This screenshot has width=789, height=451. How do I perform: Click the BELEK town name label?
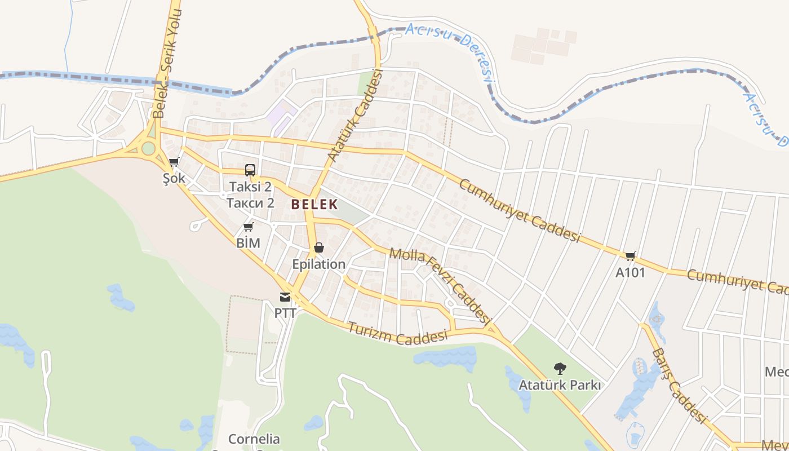pyautogui.click(x=314, y=204)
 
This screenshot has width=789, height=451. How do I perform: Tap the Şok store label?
pyautogui.click(x=174, y=178)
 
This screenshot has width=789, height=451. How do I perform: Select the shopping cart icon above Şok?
pyautogui.click(x=174, y=162)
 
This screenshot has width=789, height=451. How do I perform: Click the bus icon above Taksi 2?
pyautogui.click(x=250, y=170)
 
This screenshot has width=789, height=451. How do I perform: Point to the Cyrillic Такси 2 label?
pyautogui.click(x=250, y=202)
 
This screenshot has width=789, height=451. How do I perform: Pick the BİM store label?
pyautogui.click(x=249, y=243)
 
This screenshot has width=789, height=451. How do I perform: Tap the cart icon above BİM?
pyautogui.click(x=249, y=227)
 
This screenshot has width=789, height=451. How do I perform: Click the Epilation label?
pyautogui.click(x=318, y=264)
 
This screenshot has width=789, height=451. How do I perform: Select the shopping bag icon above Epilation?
pyautogui.click(x=318, y=247)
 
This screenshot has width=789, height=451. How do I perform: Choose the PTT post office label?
pyautogui.click(x=285, y=313)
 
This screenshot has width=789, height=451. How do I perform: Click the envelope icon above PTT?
pyautogui.click(x=285, y=297)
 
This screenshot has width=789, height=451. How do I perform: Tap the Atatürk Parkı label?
pyautogui.click(x=560, y=386)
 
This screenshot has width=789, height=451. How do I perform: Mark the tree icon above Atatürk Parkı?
pyautogui.click(x=560, y=369)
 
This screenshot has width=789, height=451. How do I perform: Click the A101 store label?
pyautogui.click(x=630, y=273)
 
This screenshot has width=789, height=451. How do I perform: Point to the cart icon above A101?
pyautogui.click(x=630, y=257)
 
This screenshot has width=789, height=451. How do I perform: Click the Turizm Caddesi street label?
pyautogui.click(x=397, y=334)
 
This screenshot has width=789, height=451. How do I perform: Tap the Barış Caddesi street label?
pyautogui.click(x=679, y=386)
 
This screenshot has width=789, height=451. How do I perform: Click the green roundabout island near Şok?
pyautogui.click(x=148, y=148)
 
